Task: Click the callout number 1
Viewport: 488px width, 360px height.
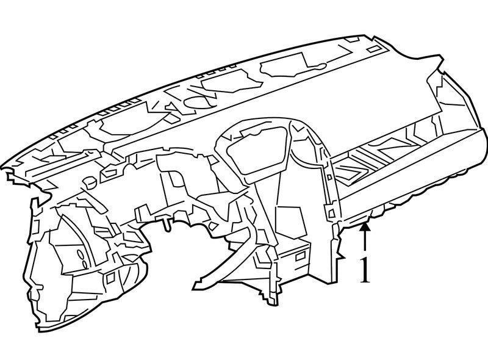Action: pos(365,270)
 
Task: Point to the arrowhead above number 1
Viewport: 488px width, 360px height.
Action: pos(365,226)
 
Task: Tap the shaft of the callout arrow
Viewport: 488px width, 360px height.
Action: pos(365,242)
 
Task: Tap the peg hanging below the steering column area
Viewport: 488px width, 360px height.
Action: pos(167,225)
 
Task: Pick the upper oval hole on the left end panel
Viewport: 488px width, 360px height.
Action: pos(81,254)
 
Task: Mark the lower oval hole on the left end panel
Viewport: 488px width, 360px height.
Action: pos(85,264)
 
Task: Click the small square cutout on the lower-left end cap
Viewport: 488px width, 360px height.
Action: pos(110,278)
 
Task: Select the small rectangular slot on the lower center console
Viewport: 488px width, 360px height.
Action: pos(300,256)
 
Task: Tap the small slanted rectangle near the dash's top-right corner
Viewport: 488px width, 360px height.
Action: pos(372,49)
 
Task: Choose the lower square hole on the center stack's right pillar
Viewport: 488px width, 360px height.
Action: pos(331,212)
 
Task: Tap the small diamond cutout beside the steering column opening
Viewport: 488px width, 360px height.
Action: pos(214,226)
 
